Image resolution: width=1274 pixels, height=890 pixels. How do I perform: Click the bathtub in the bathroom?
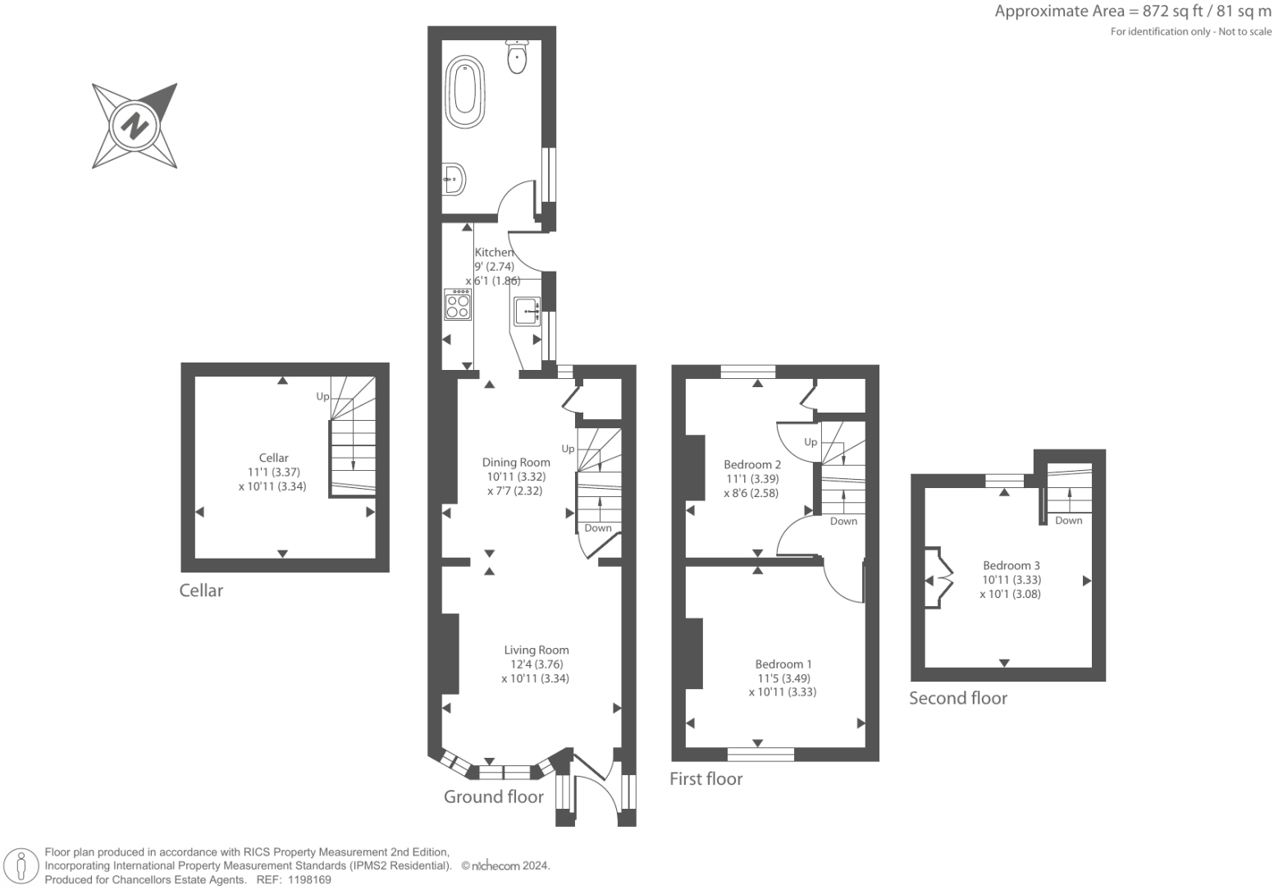[465, 92]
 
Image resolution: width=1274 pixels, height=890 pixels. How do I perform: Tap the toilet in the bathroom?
[517, 57]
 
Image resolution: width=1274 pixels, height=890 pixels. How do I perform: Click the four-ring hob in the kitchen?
[458, 305]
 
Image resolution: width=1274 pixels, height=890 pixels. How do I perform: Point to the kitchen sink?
[527, 311]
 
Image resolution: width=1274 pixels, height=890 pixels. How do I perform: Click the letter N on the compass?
[135, 126]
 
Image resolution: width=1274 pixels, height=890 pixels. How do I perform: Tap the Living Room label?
[537, 650]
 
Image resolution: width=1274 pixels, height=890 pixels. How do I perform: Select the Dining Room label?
[516, 463]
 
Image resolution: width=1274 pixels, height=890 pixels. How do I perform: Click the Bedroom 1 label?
[783, 664]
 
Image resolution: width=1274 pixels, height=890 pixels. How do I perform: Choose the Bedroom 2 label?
[752, 464]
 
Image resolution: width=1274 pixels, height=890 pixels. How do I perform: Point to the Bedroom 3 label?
[1011, 565]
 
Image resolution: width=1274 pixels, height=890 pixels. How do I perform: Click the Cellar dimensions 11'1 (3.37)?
[273, 472]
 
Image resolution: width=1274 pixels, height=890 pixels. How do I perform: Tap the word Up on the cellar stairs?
[322, 396]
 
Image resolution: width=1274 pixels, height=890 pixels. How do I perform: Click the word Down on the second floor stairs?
[1069, 520]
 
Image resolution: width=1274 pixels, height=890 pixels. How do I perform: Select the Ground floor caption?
[494, 796]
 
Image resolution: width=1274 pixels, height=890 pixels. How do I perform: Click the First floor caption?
[705, 778]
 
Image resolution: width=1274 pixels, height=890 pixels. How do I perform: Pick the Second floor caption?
[958, 698]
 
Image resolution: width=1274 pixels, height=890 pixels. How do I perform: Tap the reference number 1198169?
[308, 880]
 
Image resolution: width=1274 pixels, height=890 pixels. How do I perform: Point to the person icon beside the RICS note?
[21, 867]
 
